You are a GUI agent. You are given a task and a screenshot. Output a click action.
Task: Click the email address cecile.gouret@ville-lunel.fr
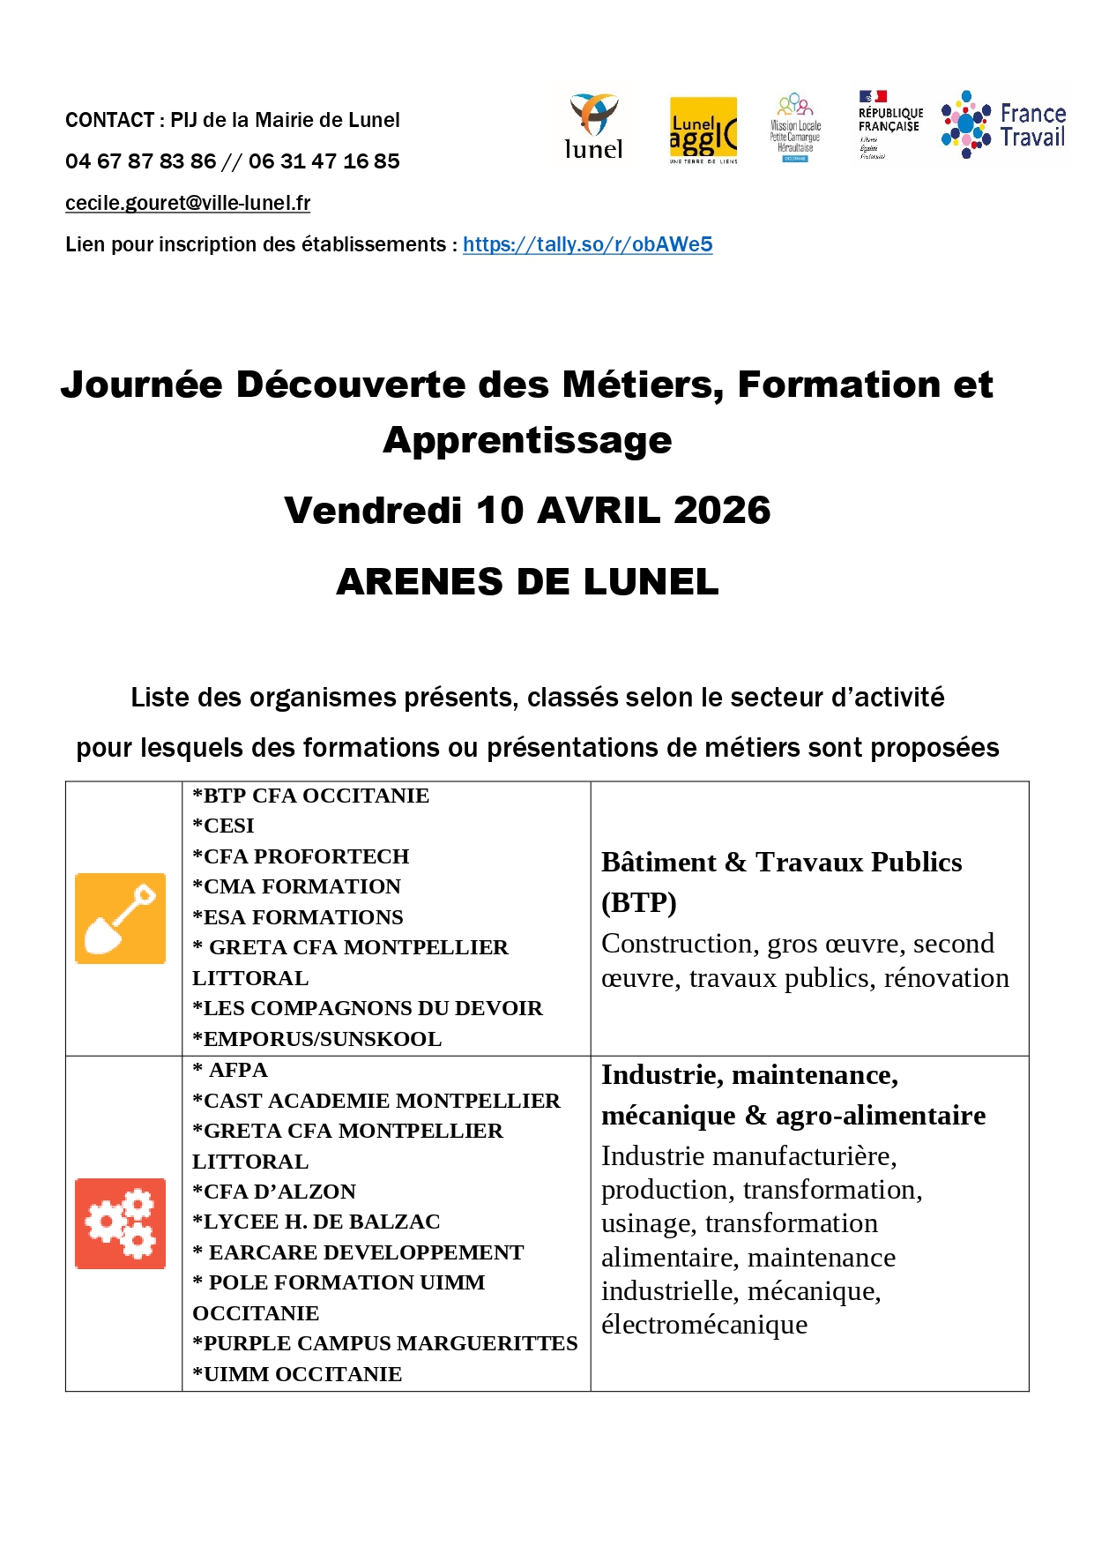[188, 203]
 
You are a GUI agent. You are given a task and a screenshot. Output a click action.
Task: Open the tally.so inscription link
[587, 244]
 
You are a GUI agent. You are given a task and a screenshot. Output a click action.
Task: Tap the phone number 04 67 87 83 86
[140, 161]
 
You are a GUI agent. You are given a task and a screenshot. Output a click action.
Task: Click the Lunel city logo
[593, 127]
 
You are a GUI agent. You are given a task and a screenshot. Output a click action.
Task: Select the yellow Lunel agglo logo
[703, 130]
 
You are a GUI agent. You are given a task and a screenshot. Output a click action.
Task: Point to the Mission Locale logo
[795, 129]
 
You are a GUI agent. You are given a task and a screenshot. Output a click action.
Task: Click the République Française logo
[889, 124]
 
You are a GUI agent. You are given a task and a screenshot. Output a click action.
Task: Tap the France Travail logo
[1003, 125]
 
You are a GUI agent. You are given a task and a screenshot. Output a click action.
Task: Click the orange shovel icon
[120, 918]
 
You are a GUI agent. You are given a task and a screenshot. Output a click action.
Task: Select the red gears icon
[120, 1223]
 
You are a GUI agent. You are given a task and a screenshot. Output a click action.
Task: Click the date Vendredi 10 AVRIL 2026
[527, 511]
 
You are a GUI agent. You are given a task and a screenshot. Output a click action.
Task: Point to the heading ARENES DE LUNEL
[527, 582]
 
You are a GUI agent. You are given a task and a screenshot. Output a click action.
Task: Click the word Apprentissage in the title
[527, 440]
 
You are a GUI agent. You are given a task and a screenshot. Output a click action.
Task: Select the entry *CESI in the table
[224, 826]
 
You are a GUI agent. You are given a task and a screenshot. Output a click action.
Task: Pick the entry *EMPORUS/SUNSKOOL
[317, 1039]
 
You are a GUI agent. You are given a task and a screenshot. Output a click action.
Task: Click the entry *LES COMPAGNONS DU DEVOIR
[368, 1008]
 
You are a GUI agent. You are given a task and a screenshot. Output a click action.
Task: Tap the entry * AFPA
[231, 1070]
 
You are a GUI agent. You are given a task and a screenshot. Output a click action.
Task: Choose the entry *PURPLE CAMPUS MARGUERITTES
[385, 1343]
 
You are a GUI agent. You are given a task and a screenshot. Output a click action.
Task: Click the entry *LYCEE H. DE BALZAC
[316, 1222]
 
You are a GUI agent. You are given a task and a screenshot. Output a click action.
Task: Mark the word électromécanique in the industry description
[703, 1325]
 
